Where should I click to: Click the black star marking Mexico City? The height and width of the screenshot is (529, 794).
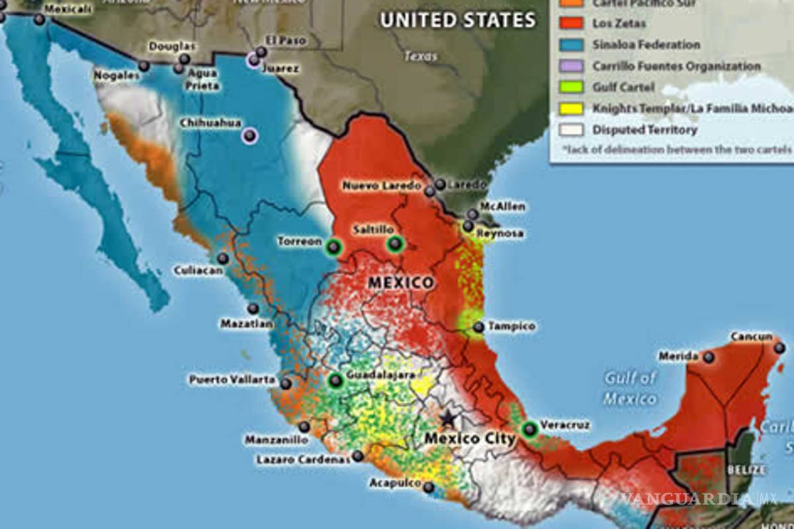449,418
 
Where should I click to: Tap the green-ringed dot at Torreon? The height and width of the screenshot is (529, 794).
333,248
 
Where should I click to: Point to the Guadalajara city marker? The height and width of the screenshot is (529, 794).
336,380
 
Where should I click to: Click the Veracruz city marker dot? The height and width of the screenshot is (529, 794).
529,430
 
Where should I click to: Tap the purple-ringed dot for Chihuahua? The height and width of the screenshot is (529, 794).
249,136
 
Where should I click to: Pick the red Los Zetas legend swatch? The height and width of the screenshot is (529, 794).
571,23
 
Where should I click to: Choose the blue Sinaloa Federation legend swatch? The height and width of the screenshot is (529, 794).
571,44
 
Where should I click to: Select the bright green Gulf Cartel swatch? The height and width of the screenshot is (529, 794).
571,87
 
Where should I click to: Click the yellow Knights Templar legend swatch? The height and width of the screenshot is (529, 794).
571,108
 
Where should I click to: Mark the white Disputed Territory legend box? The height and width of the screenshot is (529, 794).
571,129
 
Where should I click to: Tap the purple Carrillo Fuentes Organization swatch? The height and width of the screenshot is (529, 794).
571,65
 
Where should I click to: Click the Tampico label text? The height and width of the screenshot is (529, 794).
512,326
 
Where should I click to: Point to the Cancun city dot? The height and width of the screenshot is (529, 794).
779,347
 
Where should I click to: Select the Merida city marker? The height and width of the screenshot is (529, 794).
709,357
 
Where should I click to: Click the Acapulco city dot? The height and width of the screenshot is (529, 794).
429,487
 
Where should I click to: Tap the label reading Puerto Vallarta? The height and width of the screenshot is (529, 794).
232,380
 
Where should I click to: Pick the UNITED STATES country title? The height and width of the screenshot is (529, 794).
457,20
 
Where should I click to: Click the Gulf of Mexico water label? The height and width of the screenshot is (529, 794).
630,388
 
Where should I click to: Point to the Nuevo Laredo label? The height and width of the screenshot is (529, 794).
381,186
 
